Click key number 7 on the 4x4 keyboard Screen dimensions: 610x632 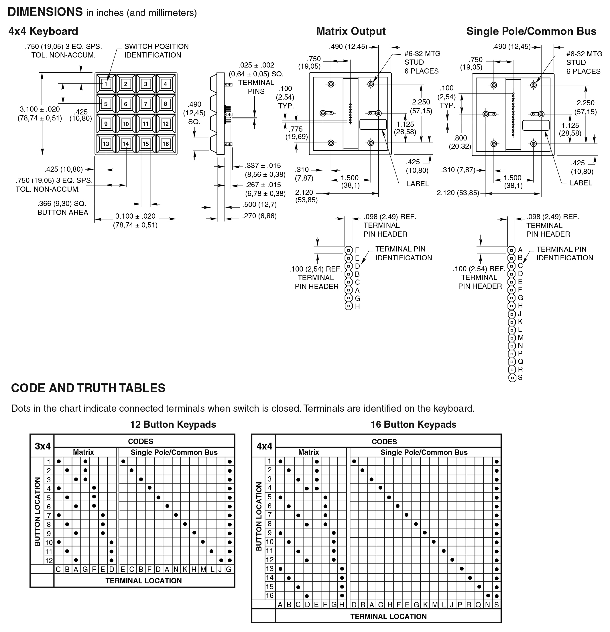tap(145, 104)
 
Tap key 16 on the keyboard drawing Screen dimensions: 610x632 tap(166, 144)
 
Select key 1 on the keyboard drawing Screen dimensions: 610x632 tap(106, 84)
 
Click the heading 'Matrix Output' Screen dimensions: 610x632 tap(351, 31)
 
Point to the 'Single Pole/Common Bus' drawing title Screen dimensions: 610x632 tap(531, 31)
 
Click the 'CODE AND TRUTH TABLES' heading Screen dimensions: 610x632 tap(88, 388)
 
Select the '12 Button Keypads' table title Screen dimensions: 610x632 tap(173, 424)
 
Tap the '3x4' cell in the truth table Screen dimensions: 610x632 tap(43, 446)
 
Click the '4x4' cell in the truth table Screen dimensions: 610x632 tap(264, 446)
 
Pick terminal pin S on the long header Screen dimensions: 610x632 tap(512, 378)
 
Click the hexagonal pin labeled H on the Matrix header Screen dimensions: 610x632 tap(349, 306)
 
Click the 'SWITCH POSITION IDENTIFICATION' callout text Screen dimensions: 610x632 tap(157, 51)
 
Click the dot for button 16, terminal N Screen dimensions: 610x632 tap(488, 596)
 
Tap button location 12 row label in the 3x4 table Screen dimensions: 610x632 tap(49, 560)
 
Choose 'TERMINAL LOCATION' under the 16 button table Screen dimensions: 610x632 tap(388, 617)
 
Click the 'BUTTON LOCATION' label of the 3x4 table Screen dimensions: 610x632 tap(38, 511)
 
